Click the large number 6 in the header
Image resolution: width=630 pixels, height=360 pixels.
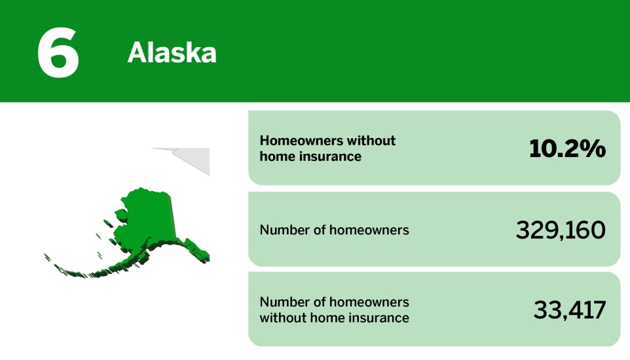[x=58, y=53]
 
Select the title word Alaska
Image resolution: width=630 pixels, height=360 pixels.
[x=172, y=53]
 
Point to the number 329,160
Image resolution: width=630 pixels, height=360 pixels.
[x=561, y=230]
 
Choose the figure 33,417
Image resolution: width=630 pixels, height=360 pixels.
[x=569, y=310]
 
